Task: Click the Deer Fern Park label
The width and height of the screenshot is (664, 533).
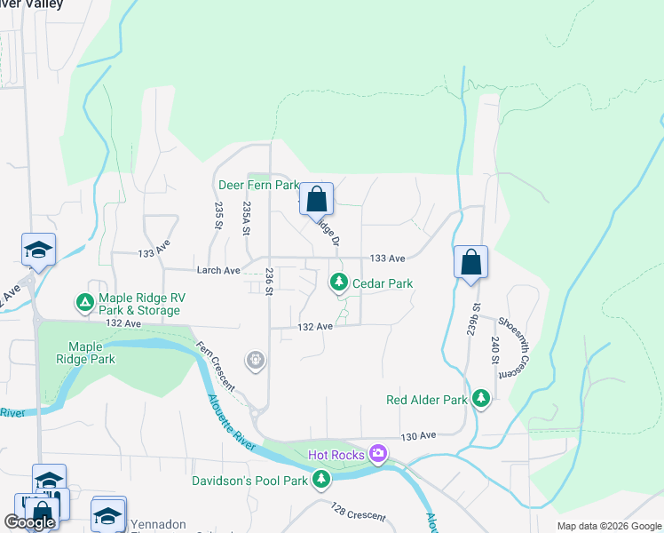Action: (258, 185)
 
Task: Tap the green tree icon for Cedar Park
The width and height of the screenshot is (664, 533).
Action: (338, 282)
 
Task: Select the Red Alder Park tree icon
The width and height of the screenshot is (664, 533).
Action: (481, 399)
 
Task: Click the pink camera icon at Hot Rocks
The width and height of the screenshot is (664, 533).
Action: (379, 455)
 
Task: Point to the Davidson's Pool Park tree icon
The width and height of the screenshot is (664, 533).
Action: (321, 481)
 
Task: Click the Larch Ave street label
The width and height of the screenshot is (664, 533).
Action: (218, 270)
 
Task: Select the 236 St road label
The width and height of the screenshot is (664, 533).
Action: (267, 279)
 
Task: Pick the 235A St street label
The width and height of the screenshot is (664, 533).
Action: (246, 218)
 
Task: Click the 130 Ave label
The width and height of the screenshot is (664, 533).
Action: (418, 436)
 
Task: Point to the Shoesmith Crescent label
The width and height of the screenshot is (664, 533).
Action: (509, 346)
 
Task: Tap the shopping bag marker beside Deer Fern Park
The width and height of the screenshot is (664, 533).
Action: (316, 199)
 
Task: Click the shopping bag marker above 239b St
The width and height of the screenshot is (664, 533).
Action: (470, 262)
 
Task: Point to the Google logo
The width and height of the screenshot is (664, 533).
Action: (29, 522)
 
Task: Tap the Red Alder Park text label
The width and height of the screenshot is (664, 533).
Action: (427, 400)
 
